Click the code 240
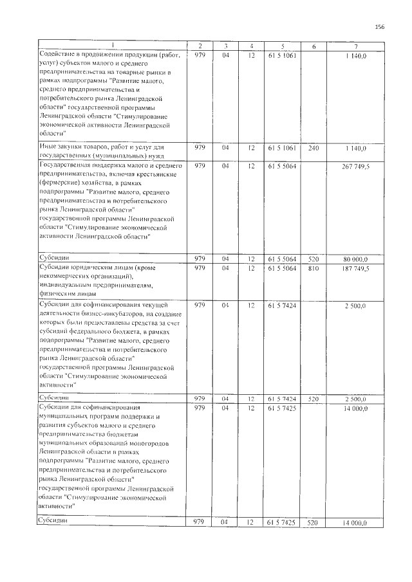[x=314, y=148]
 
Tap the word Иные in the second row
[x=49, y=147]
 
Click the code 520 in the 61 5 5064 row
[x=314, y=258]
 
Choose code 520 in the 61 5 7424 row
[x=314, y=399]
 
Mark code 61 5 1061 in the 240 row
[x=281, y=148]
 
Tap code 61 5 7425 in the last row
[x=281, y=523]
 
